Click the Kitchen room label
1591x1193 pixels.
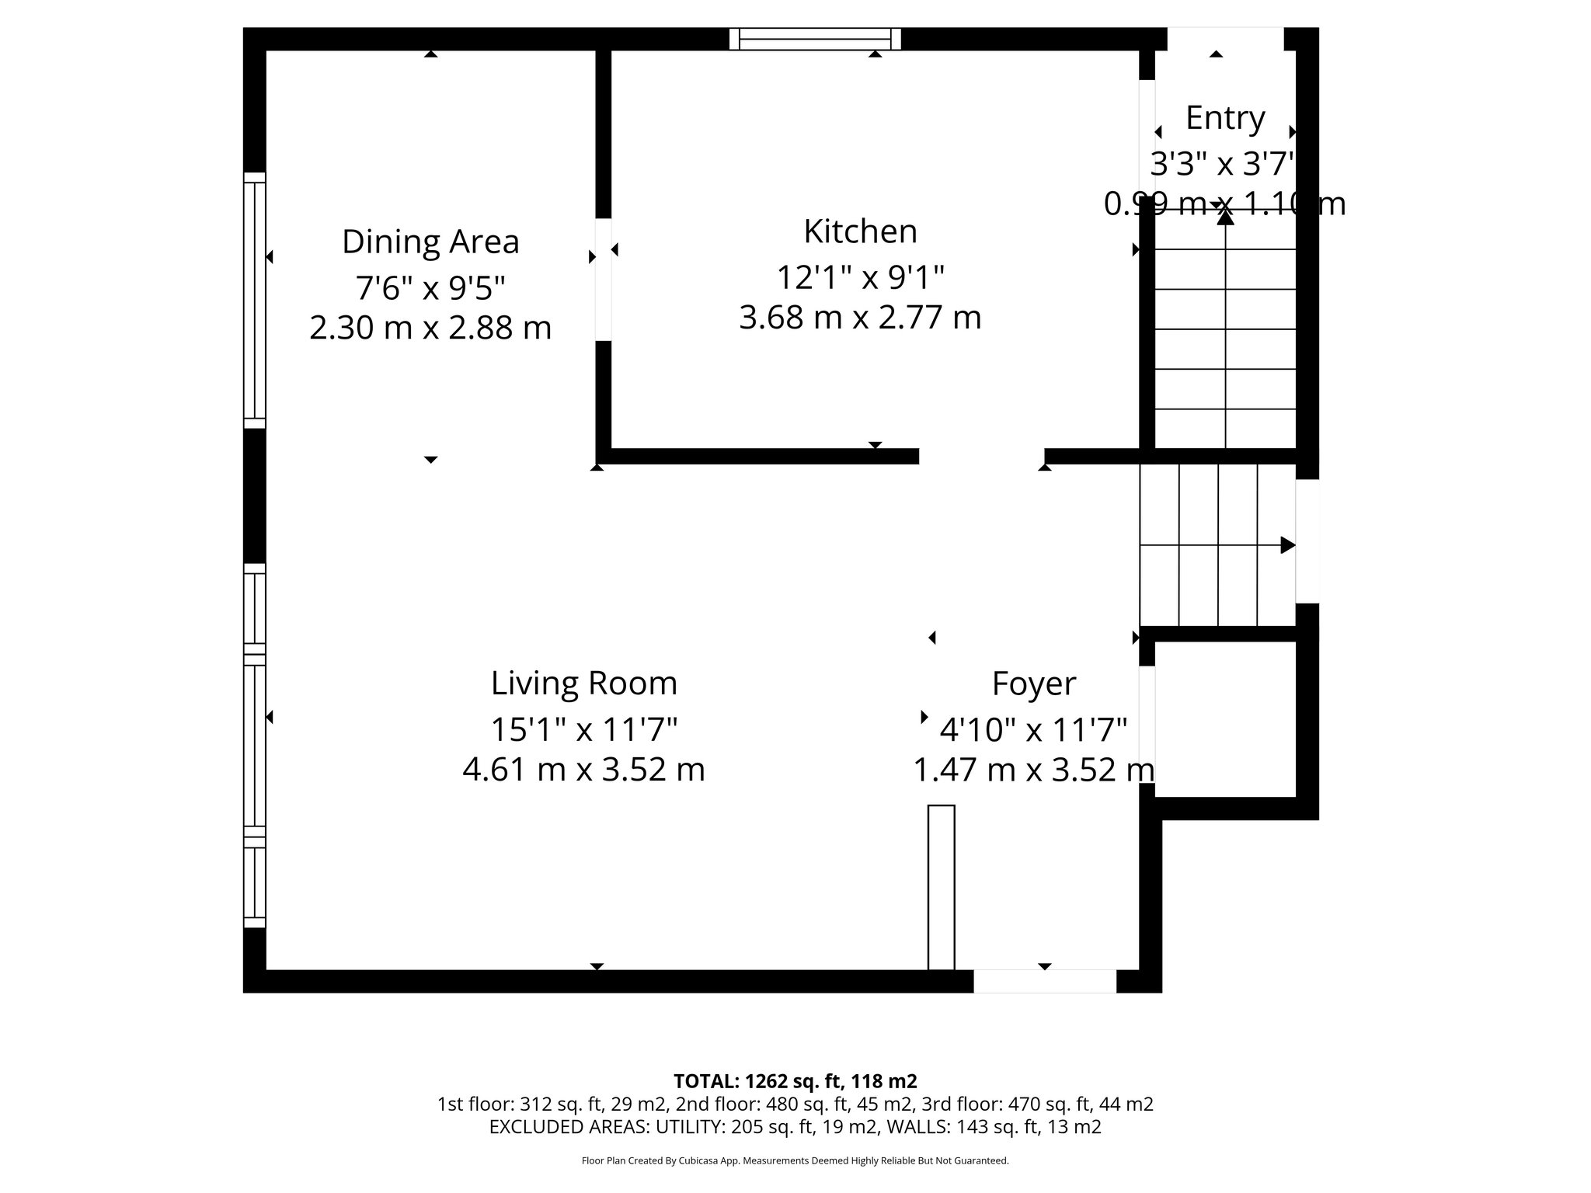click(860, 231)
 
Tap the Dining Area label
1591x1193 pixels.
click(430, 242)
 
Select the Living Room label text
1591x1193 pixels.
click(584, 683)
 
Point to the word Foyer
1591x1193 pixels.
click(1033, 684)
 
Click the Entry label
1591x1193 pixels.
click(1225, 118)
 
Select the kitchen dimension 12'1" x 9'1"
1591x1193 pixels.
click(860, 277)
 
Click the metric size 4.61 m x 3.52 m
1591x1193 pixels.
click(584, 770)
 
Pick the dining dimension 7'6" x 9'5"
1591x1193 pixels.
click(430, 287)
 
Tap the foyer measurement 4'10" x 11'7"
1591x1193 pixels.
click(1033, 729)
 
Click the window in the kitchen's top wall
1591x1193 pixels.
click(815, 39)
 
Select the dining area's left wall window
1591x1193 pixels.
click(254, 300)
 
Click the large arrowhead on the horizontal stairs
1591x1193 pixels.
click(1287, 545)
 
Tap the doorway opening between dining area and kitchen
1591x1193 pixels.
click(603, 280)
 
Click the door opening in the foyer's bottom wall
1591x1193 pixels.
click(1045, 982)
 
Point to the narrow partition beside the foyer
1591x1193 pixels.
click(941, 887)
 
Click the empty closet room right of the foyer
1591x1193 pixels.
click(1225, 718)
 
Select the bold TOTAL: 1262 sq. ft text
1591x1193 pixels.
click(795, 1081)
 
